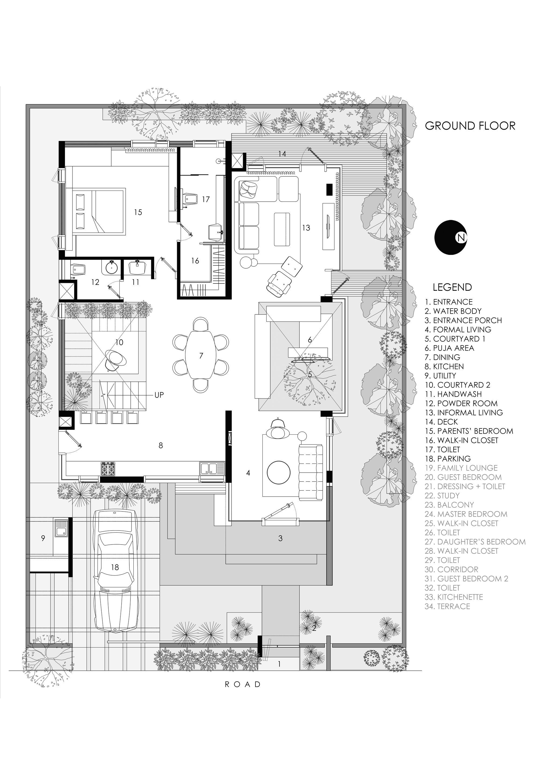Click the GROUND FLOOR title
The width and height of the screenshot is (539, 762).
pyautogui.click(x=470, y=126)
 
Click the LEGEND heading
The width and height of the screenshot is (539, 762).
pyautogui.click(x=452, y=287)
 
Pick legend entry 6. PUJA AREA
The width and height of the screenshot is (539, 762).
pyautogui.click(x=449, y=348)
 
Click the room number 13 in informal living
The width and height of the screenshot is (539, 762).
pyautogui.click(x=306, y=228)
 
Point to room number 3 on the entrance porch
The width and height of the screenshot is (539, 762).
pyautogui.click(x=281, y=538)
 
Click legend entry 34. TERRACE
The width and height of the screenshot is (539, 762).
pyautogui.click(x=447, y=606)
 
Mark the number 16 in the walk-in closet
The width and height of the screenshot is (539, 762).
pyautogui.click(x=195, y=261)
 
